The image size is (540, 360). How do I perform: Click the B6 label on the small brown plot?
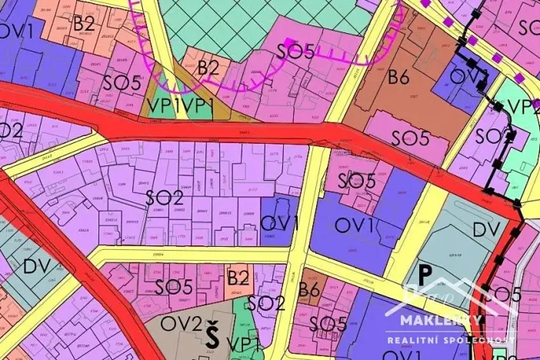coord(309,290)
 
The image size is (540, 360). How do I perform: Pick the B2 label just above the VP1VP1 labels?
coord(208,67)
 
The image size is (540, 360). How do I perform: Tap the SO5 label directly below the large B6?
coord(410,138)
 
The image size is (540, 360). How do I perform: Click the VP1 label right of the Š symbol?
coord(241,342)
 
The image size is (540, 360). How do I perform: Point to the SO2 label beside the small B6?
coord(266,303)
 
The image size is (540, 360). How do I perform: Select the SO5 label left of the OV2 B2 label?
coord(173,286)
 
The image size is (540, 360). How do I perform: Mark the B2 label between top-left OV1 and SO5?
coord(84,24)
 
